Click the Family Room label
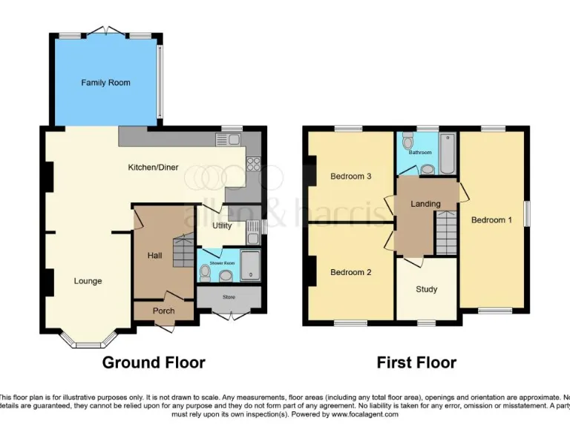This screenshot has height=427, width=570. click(x=105, y=82)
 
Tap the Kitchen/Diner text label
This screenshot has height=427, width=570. click(x=153, y=168)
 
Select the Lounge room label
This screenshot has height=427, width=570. click(x=88, y=281)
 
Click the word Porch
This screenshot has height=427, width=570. click(x=163, y=311)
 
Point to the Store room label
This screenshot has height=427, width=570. click(x=229, y=297)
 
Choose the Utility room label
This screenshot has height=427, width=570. click(x=222, y=225)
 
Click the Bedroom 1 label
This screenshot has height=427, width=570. click(x=491, y=220)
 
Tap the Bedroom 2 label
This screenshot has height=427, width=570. click(x=350, y=272)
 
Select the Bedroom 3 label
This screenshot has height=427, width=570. click(x=350, y=176)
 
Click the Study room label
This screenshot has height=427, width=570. click(x=426, y=289)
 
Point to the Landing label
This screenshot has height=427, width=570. click(x=425, y=204)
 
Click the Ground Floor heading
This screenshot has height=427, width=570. click(x=153, y=363)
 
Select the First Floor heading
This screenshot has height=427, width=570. click(x=416, y=363)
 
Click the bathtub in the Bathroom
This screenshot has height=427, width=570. click(x=447, y=154)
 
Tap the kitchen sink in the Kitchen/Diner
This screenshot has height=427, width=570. click(x=228, y=139)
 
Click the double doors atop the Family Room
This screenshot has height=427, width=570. click(x=105, y=31)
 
